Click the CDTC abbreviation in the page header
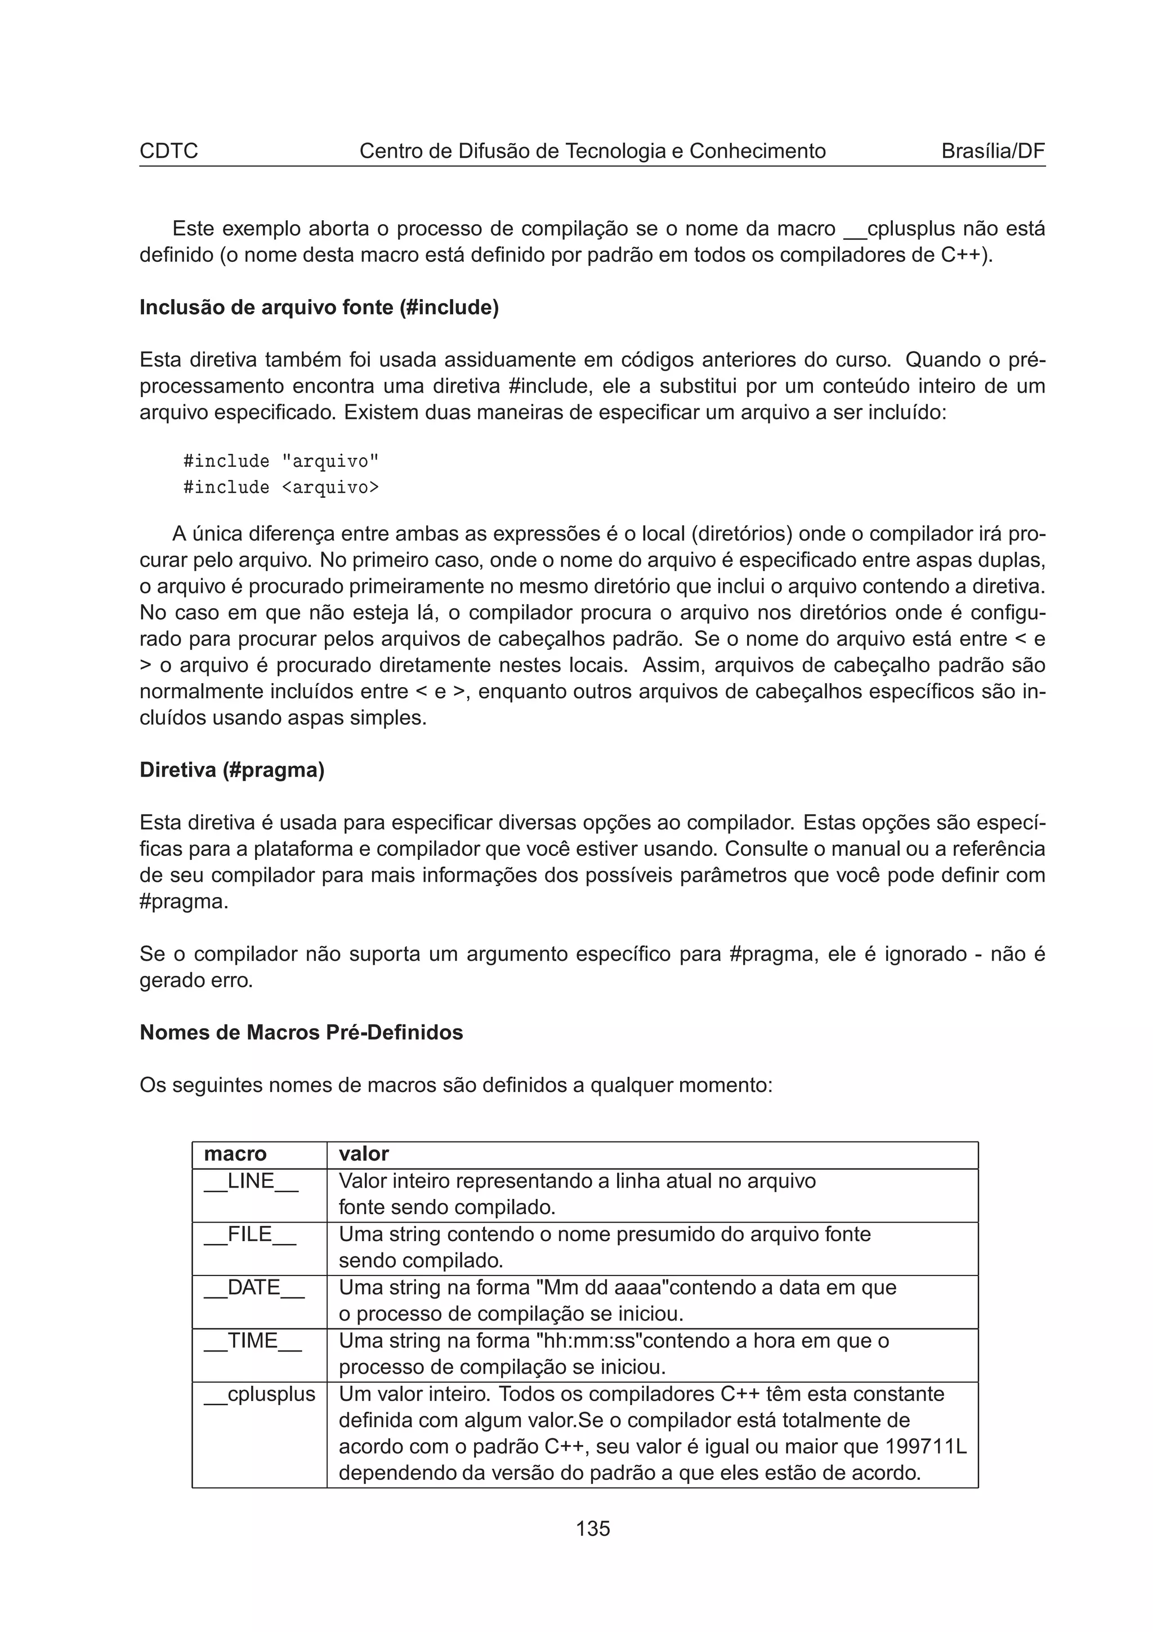(x=168, y=151)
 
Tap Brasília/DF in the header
(x=993, y=151)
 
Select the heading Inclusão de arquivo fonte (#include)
(x=319, y=308)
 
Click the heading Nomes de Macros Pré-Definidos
(x=301, y=1033)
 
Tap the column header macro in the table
(x=235, y=1154)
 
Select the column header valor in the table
(x=364, y=1154)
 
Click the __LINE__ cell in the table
(x=251, y=1181)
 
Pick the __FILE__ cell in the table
(x=250, y=1234)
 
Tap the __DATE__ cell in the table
(x=253, y=1288)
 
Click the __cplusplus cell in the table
(x=260, y=1394)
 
